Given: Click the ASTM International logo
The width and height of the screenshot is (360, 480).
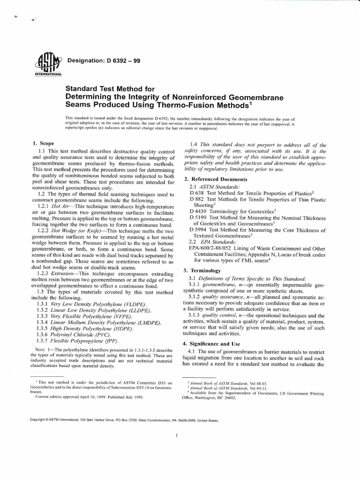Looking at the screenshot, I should (48, 64).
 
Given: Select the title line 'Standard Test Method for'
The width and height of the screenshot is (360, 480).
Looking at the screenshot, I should (109, 88).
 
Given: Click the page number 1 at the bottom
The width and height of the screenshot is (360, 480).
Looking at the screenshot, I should (175, 435).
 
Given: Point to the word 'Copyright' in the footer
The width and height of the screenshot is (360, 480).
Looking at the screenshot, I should (40, 420).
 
